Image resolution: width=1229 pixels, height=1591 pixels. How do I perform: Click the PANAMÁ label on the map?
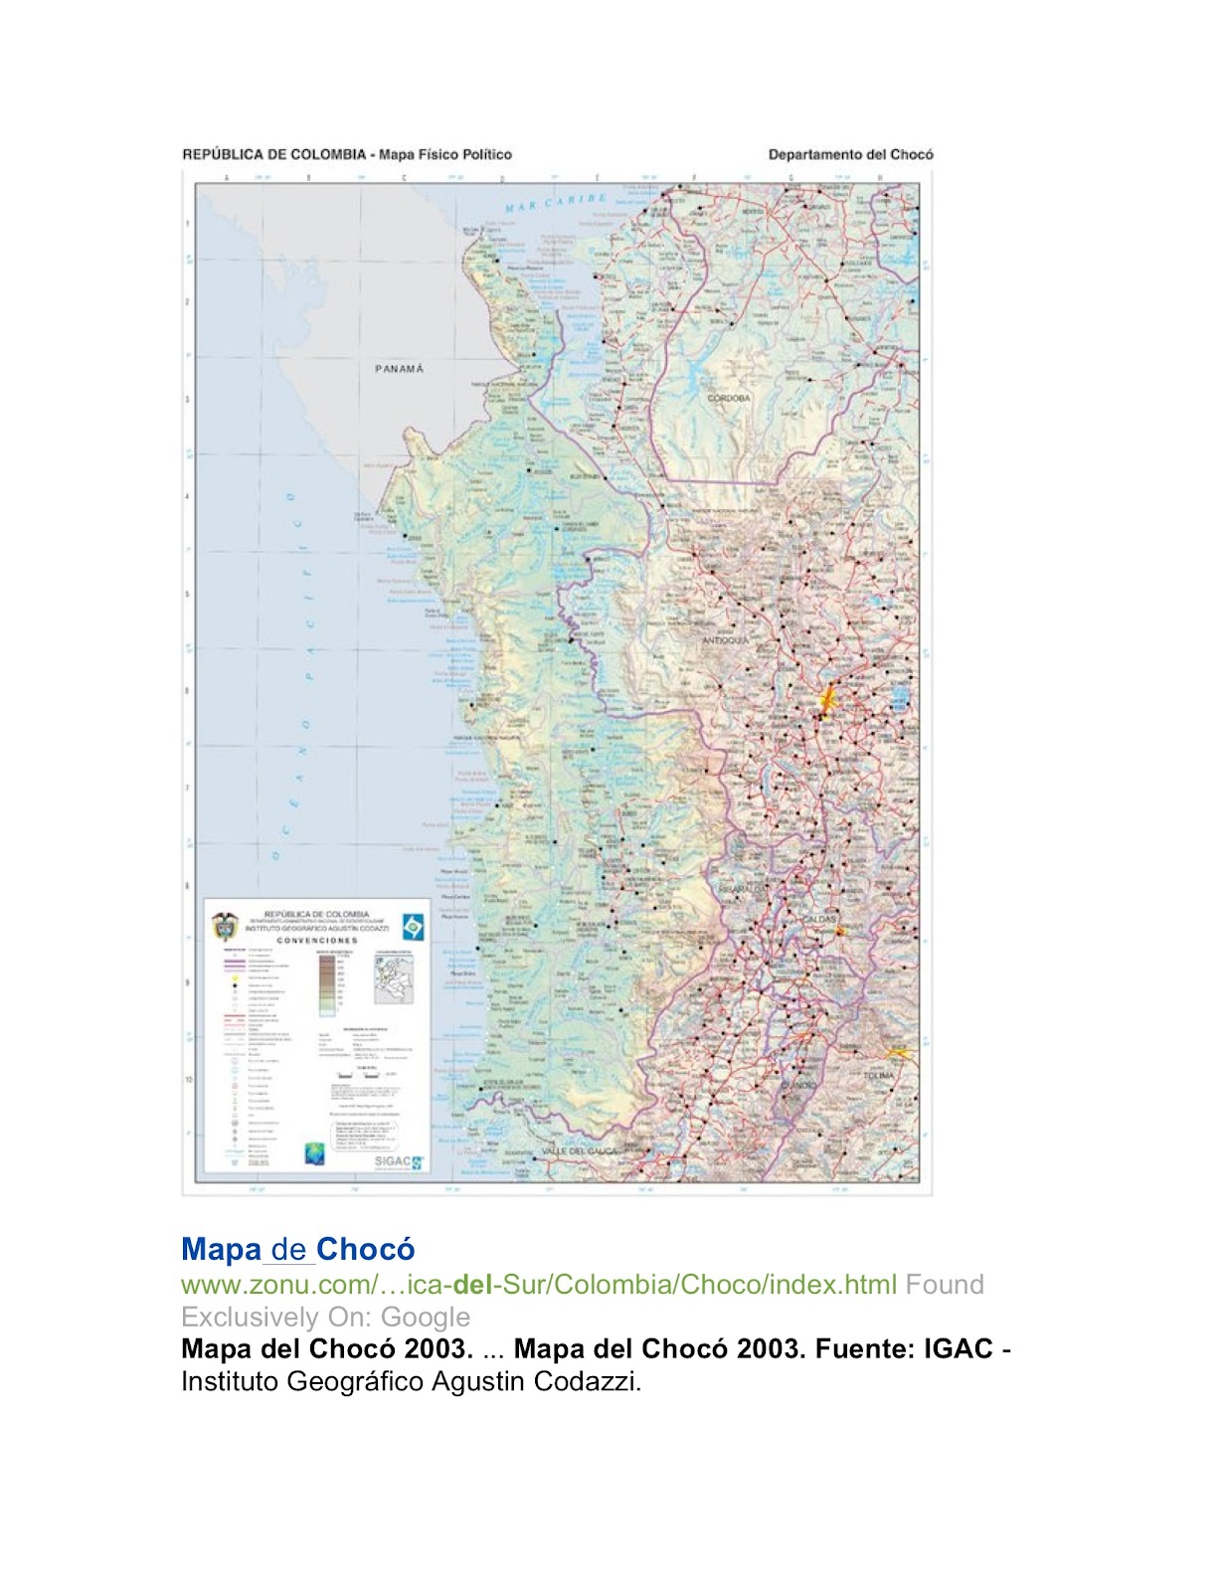click(x=399, y=369)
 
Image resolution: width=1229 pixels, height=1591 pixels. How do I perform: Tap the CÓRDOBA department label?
click(x=729, y=399)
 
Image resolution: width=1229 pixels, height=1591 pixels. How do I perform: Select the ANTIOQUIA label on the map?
click(x=726, y=640)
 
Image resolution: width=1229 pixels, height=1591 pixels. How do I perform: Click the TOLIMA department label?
click(x=879, y=1076)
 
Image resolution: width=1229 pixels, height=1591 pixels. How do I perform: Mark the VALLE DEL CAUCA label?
click(x=579, y=1151)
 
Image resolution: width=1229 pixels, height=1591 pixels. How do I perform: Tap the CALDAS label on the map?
click(x=821, y=919)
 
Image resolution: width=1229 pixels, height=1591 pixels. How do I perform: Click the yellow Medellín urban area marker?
click(x=825, y=701)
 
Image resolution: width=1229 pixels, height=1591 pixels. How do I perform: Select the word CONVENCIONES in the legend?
click(x=316, y=940)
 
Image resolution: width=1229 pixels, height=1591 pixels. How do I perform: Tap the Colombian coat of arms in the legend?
click(x=226, y=926)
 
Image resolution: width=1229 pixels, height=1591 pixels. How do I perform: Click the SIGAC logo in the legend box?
click(x=398, y=1160)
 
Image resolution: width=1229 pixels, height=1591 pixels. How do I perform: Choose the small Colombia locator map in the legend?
click(x=393, y=979)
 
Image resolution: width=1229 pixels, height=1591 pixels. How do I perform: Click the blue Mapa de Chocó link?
click(x=297, y=1249)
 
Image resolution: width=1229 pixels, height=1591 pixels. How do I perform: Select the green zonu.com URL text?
click(x=538, y=1285)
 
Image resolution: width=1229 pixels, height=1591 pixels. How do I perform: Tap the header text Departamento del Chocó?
click(x=850, y=155)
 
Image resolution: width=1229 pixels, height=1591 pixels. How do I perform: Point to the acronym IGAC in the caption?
click(x=959, y=1348)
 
